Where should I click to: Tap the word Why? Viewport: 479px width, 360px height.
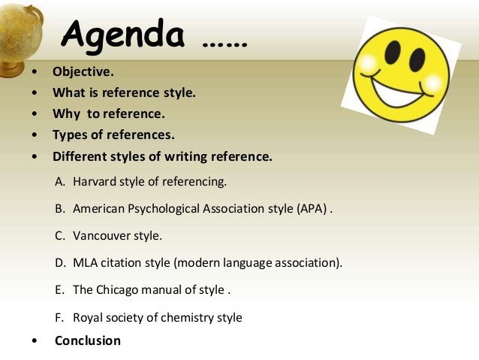[x=65, y=114]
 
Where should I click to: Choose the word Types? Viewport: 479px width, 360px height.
[x=70, y=135]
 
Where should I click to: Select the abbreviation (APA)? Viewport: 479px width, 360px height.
[x=311, y=208]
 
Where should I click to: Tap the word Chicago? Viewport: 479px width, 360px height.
[x=119, y=289]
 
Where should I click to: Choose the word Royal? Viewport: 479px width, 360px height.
[x=88, y=317]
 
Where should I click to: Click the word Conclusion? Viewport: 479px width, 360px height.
[x=87, y=340]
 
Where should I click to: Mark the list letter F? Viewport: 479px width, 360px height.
[x=59, y=317]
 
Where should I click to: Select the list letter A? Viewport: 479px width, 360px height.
[x=60, y=181]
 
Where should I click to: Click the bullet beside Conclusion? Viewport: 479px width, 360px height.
[x=35, y=341]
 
